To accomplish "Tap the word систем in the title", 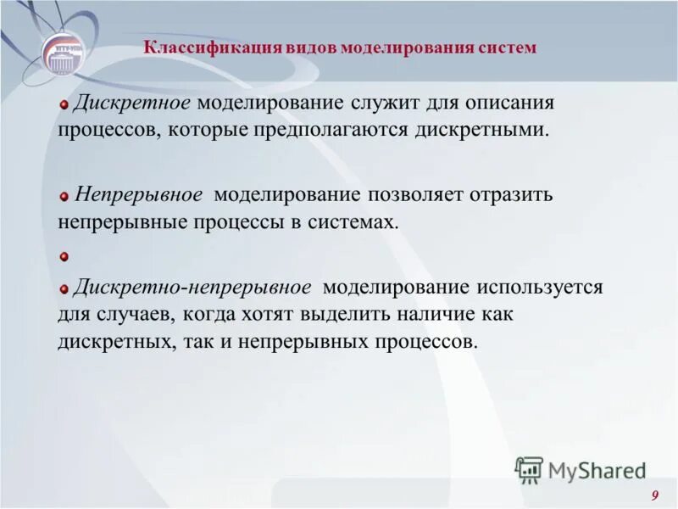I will pos(508,48).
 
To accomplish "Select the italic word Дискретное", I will pos(134,103).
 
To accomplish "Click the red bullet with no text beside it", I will pos(63,255).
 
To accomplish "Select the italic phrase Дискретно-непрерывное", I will pos(192,287).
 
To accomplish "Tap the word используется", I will pos(538,287).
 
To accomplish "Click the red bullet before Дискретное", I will pos(63,104).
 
